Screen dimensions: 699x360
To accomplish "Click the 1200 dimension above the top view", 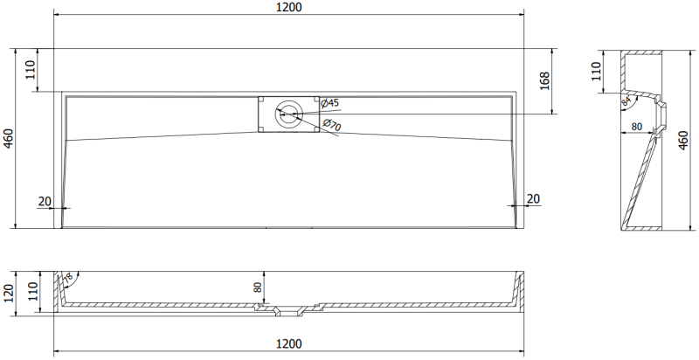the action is [x=289, y=8].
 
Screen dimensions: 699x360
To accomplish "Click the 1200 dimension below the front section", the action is [x=289, y=344].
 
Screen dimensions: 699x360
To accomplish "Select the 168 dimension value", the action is [x=544, y=81].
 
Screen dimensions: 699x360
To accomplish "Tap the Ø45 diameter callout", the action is [x=330, y=103].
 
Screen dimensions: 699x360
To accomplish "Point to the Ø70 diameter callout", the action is [x=332, y=125].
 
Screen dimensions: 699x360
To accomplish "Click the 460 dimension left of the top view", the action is [x=9, y=139].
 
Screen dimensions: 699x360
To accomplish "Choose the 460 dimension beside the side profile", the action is [x=683, y=140].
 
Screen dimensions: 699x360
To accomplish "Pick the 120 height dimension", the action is [x=9, y=294].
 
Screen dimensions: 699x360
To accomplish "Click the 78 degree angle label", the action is [x=67, y=279].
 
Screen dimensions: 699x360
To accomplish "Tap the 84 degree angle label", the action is [x=626, y=101].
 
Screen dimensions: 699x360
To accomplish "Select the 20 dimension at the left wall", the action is [x=45, y=201].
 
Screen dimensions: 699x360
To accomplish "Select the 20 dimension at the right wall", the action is [x=534, y=198].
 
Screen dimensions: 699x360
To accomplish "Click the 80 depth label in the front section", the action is [x=258, y=287].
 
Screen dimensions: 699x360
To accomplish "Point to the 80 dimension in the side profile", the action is [x=637, y=127].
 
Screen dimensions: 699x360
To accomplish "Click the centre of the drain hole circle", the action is [x=289, y=114].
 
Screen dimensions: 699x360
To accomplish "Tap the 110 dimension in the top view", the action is [x=30, y=70].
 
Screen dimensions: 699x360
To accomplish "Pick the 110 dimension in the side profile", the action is [x=596, y=72].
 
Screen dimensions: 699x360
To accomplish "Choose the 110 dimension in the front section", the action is [x=34, y=291].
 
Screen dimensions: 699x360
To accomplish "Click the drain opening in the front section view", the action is [x=289, y=310].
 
